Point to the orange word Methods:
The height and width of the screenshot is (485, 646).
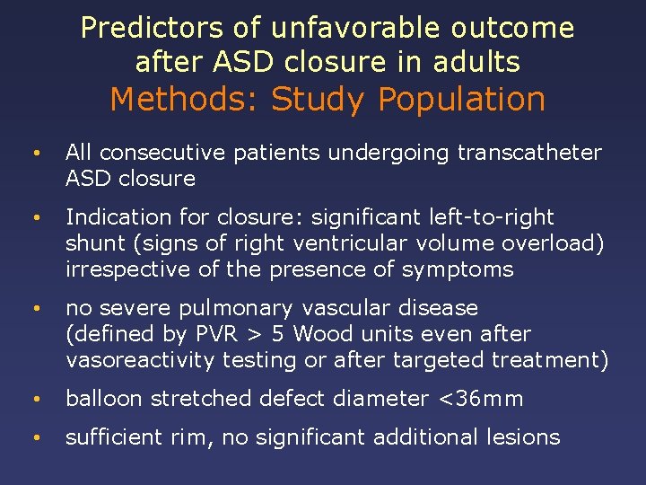184,99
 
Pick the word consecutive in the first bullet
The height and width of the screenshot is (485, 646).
161,153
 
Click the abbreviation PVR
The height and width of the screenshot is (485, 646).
213,334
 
